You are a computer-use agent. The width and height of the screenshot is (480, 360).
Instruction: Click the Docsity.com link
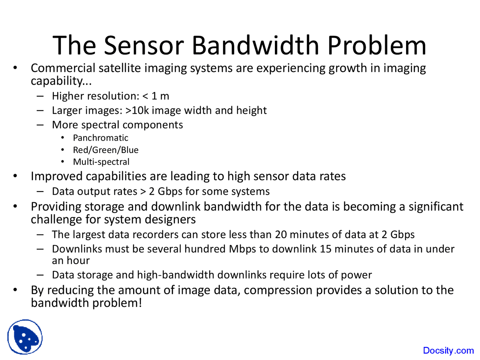click(x=448, y=351)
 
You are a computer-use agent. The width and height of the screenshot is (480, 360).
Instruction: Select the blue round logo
click(x=25, y=337)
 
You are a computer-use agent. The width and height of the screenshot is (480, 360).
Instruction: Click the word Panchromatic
click(x=100, y=138)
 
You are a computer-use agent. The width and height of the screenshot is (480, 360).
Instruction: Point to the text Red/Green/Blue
click(x=106, y=150)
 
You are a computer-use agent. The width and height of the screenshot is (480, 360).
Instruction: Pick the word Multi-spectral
click(x=101, y=162)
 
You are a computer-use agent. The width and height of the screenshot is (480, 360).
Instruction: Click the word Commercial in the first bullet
click(x=63, y=68)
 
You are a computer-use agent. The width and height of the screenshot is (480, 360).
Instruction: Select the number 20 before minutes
click(x=281, y=235)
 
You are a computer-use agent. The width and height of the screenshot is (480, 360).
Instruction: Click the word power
click(x=356, y=275)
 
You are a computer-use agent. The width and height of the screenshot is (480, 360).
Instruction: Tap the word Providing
click(x=56, y=207)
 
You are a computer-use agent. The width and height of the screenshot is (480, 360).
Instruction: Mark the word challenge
click(x=55, y=219)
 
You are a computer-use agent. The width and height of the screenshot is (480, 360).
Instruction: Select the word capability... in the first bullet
click(x=61, y=81)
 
